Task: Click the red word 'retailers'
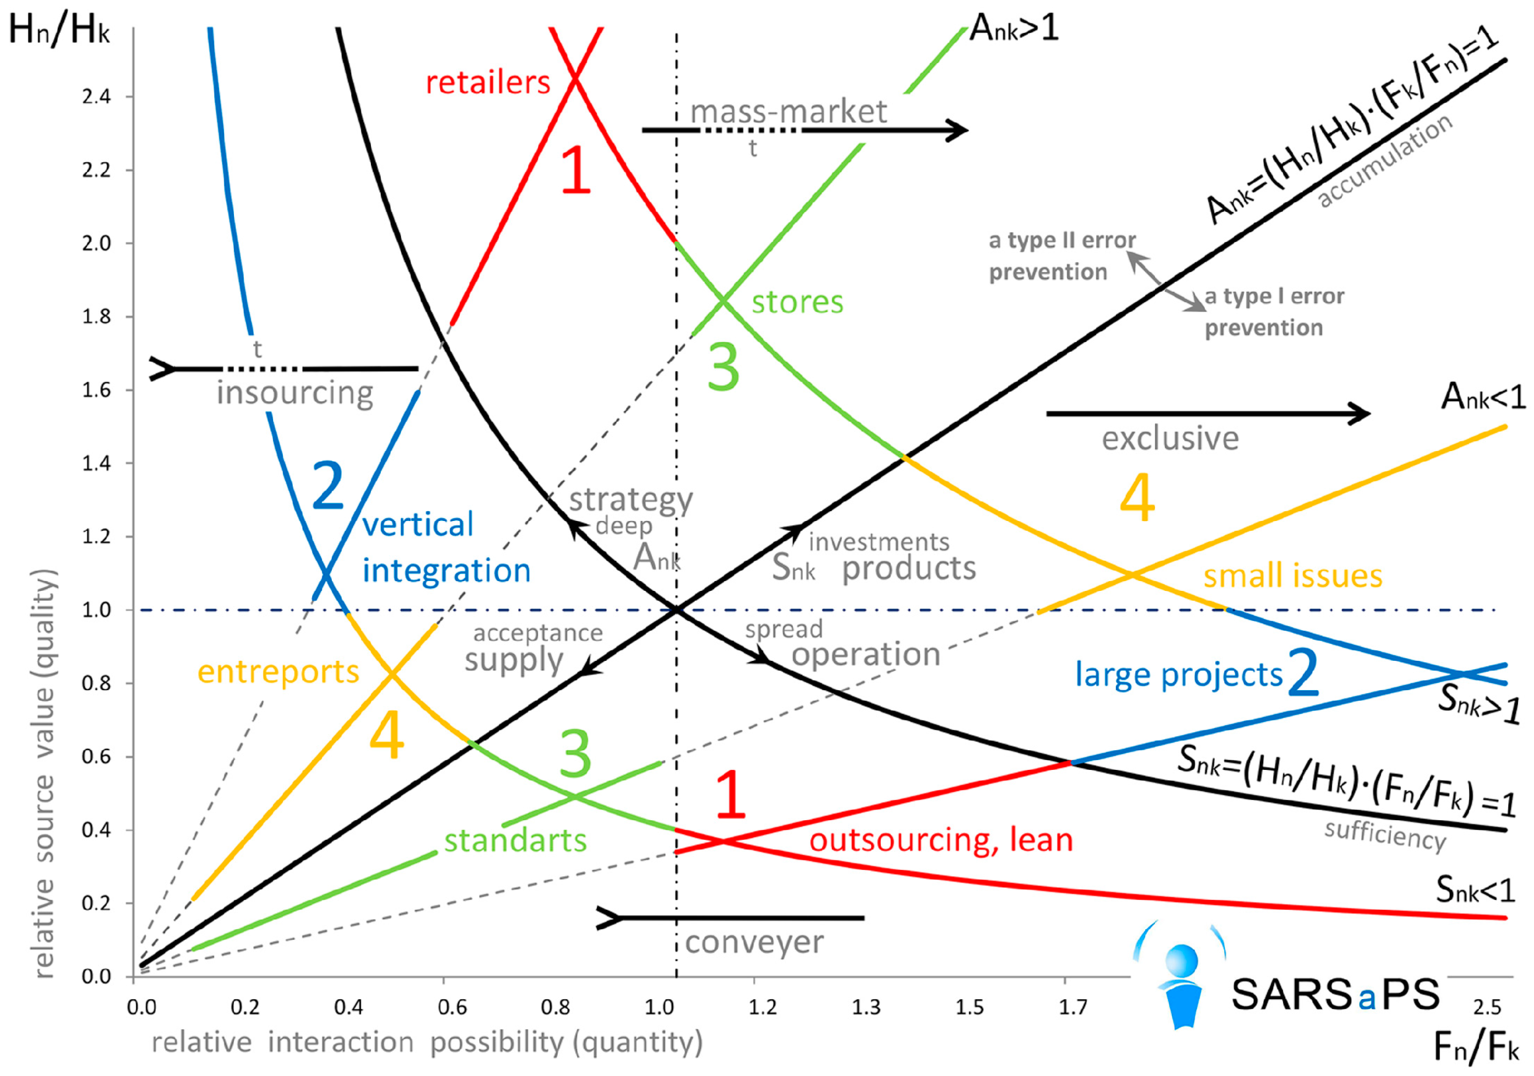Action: click(x=488, y=83)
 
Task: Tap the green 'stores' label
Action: click(x=797, y=302)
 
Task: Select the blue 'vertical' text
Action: click(x=418, y=525)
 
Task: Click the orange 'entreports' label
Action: click(x=278, y=672)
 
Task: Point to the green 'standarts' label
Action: click(x=515, y=840)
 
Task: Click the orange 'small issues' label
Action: click(x=1292, y=576)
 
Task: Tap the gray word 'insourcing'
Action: click(x=295, y=393)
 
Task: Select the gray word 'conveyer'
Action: click(x=754, y=942)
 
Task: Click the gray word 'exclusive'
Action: click(x=1170, y=439)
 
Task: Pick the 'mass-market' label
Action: click(x=788, y=111)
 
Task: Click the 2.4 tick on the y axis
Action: click(x=96, y=97)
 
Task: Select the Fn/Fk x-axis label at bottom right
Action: click(x=1476, y=1047)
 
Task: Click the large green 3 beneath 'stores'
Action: click(x=723, y=367)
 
